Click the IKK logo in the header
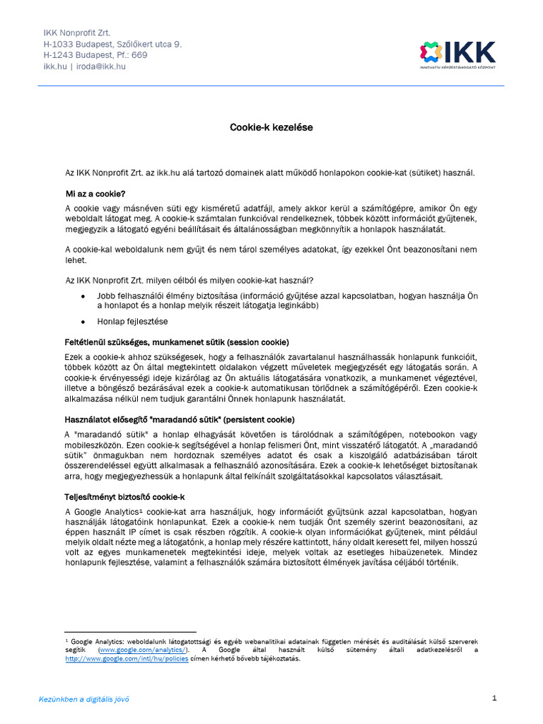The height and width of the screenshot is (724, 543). pos(458,54)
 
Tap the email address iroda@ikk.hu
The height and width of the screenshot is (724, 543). pos(103,66)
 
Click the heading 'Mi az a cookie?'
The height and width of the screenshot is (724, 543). pos(95,193)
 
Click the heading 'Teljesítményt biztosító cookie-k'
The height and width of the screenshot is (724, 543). pos(125,497)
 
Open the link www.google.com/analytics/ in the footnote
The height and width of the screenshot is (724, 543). pos(144,650)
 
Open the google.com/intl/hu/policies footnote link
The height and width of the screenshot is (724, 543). pos(117,658)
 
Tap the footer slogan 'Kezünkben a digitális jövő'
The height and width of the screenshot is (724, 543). pos(83,699)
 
